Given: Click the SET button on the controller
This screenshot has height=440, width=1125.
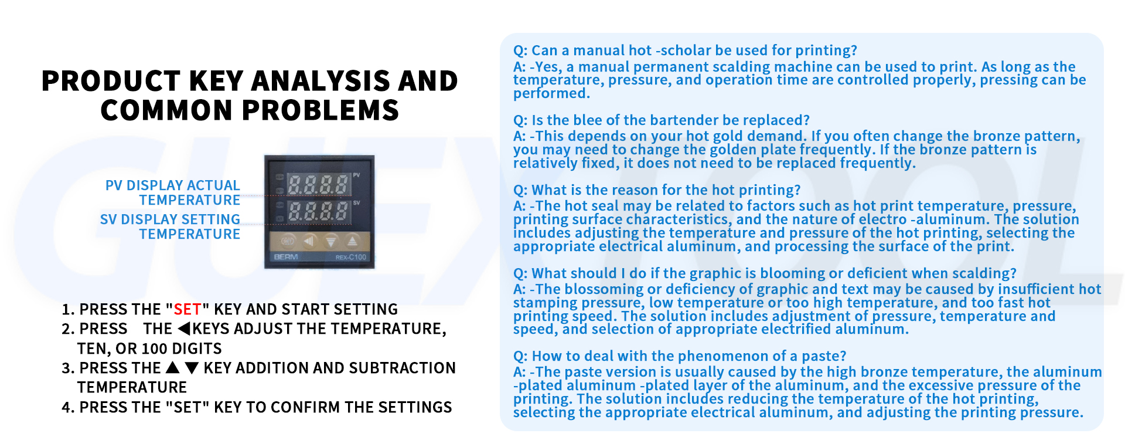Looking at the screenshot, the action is coord(287,241).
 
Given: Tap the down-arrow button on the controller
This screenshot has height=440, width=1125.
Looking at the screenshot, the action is coord(331,241).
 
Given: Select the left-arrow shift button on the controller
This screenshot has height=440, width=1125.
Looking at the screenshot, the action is coord(309,241).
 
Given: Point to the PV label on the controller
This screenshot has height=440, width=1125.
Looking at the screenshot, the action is coord(356,175).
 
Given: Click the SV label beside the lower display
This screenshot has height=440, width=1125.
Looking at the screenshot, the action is coord(356,203).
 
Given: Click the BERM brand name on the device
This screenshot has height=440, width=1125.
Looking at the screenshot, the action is coord(286,257).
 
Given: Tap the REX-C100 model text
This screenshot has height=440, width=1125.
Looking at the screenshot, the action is coord(351,258).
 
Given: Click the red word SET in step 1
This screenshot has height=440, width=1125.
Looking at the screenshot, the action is coord(187,309).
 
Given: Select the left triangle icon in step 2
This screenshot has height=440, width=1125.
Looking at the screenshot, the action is coord(185,329).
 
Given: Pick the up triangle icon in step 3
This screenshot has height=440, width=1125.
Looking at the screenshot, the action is coord(172,368).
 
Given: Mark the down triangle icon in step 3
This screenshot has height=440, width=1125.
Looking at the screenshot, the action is coord(192,368).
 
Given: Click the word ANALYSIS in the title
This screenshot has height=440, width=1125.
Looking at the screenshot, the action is coord(321,81).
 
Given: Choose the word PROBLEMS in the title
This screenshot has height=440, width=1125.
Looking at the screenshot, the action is coord(321,110).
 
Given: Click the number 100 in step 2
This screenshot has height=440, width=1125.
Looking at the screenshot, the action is coord(155,348).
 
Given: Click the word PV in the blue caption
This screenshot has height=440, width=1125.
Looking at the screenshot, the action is coord(114,185).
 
